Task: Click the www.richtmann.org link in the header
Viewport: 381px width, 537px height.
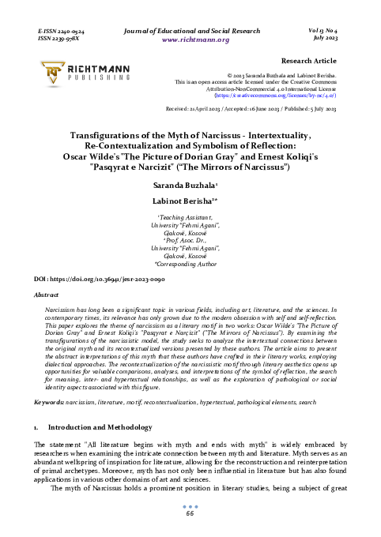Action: [x=190, y=38]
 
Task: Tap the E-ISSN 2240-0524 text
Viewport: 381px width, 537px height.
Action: [x=62, y=28]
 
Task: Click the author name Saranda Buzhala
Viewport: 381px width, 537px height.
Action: [x=190, y=183]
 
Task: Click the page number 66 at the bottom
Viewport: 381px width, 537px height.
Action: [x=190, y=513]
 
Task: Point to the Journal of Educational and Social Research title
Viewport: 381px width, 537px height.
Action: [x=190, y=28]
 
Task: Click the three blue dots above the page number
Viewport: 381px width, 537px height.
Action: [x=190, y=506]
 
